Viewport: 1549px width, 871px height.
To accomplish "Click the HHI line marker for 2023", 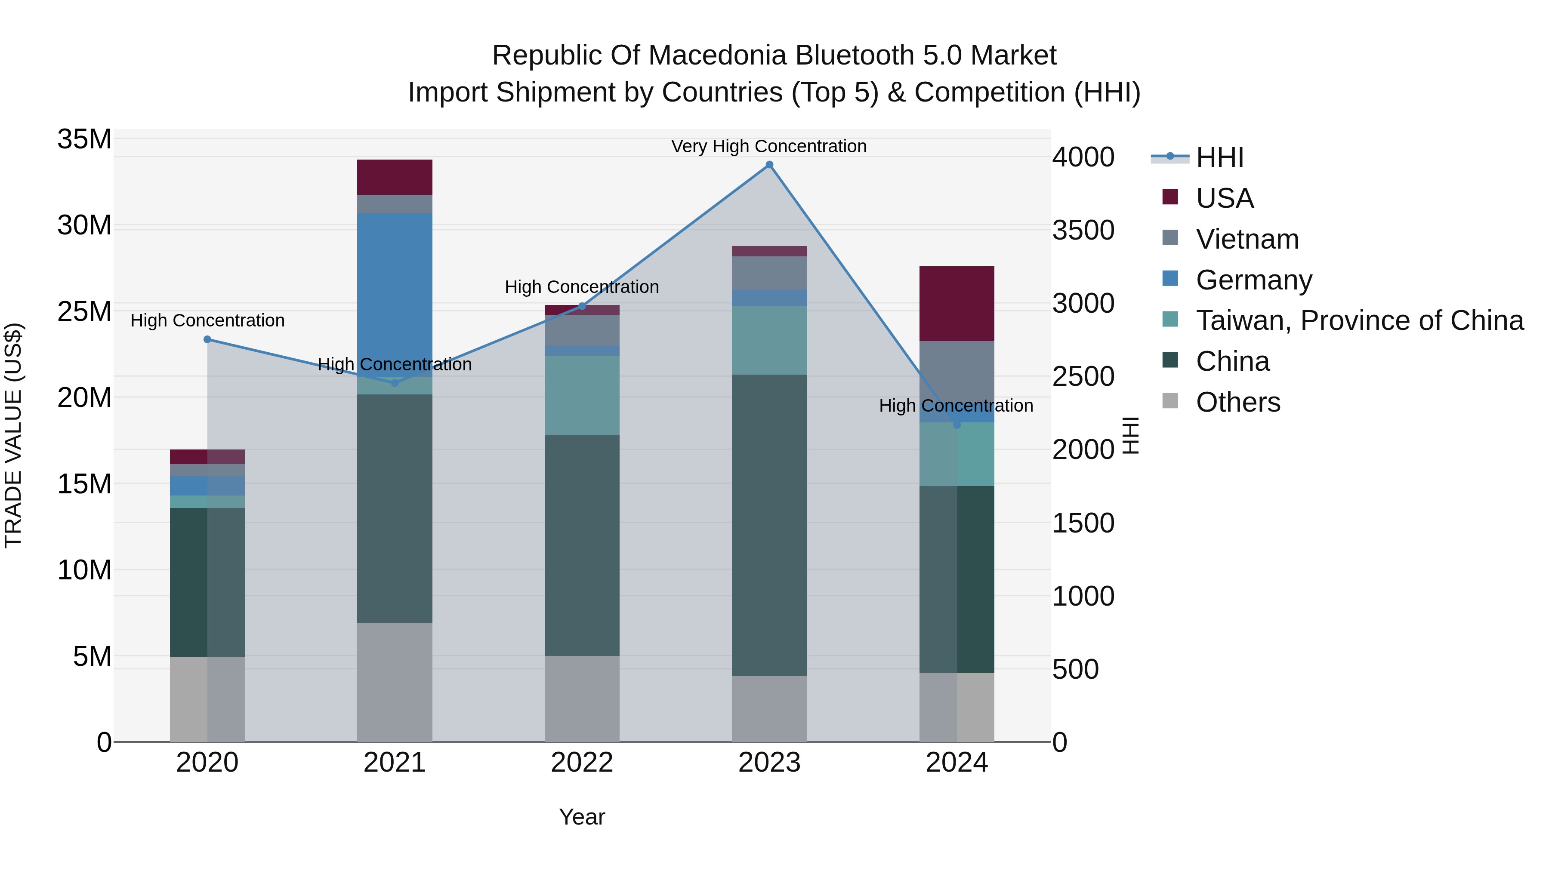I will click(769, 165).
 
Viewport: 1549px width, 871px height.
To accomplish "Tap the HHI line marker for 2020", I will click(207, 339).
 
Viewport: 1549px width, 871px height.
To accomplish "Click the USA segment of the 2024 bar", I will click(957, 304).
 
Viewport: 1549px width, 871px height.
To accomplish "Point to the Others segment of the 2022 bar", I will click(581, 699).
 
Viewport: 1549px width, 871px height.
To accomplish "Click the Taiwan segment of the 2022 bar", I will click(581, 395).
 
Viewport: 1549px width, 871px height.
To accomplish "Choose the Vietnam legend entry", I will click(1247, 239).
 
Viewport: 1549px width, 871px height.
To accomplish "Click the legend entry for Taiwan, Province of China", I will click(1359, 320).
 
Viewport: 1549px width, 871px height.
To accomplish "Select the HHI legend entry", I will click(1219, 157).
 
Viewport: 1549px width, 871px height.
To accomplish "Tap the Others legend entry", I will click(1237, 402).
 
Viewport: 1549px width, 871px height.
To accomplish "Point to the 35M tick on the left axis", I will click(84, 139).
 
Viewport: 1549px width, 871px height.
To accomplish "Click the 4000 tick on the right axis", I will click(1083, 157).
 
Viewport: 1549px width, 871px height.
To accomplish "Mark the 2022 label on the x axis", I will click(581, 763).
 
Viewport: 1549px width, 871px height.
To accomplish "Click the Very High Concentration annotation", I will click(768, 146).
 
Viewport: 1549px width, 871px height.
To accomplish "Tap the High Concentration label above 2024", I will click(956, 406).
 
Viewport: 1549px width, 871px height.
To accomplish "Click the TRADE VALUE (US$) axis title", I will click(13, 435).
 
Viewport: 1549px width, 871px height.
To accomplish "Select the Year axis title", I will click(581, 817).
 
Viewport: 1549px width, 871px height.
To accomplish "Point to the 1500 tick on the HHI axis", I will click(1083, 523).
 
